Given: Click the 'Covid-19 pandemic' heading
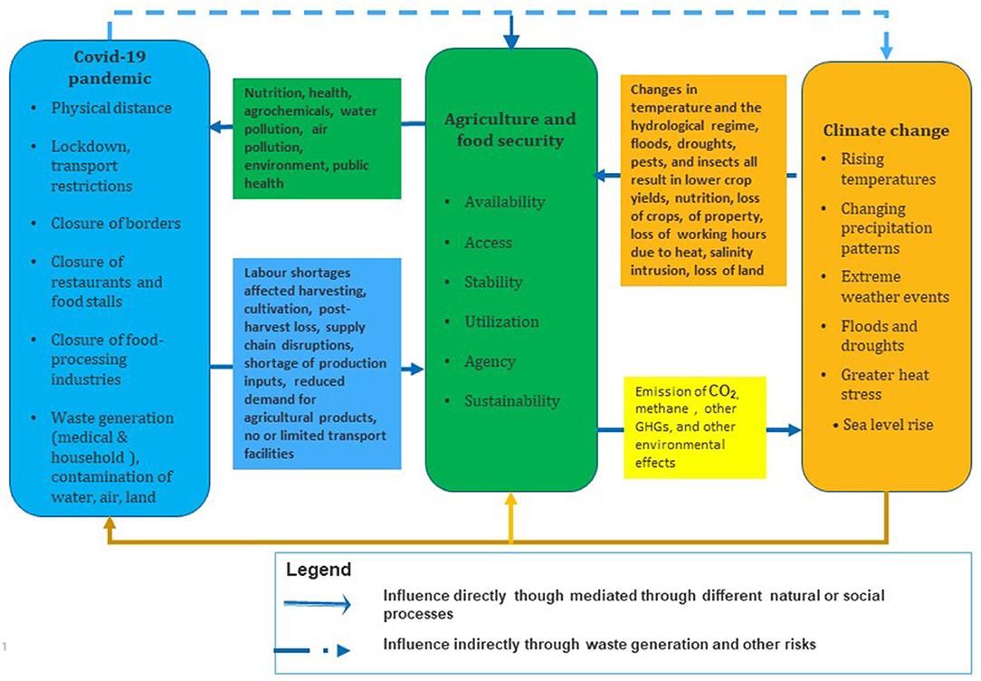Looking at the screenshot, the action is pos(110,68).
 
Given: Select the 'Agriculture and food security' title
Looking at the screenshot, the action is pos(510,129).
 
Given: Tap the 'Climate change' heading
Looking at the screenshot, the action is pos(886,130).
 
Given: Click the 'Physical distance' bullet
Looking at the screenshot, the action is pos(111,108).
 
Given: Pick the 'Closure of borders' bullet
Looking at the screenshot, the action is pos(116,224).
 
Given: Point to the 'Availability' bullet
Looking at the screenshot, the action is pos(504,202).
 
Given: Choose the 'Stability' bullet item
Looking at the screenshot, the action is pos(493,283).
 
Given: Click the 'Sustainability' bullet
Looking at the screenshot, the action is pos(512,401).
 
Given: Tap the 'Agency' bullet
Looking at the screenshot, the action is pos(490,362).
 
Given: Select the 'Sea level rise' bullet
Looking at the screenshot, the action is pos(888,425).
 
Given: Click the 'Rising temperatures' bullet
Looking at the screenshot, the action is pos(888,169).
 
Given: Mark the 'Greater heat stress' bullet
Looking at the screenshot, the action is pos(884,384).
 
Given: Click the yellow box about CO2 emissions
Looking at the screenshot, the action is pos(695,427).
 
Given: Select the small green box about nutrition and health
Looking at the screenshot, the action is pos(317,139).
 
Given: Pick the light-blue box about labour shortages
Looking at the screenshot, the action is pos(317,364).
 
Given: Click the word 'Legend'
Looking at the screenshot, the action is pos(319,570).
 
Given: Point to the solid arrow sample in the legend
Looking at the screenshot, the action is pos(318,604).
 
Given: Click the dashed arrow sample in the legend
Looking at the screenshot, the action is pos(312,651).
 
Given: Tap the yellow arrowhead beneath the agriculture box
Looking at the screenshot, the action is pos(511,500).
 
